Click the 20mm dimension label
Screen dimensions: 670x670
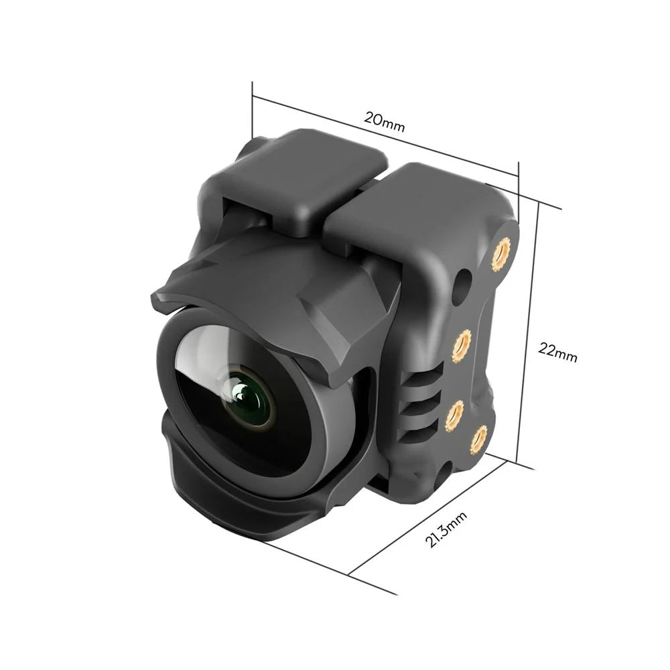(384, 121)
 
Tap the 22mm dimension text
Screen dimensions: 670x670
(557, 352)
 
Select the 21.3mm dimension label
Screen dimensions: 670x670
(446, 529)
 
